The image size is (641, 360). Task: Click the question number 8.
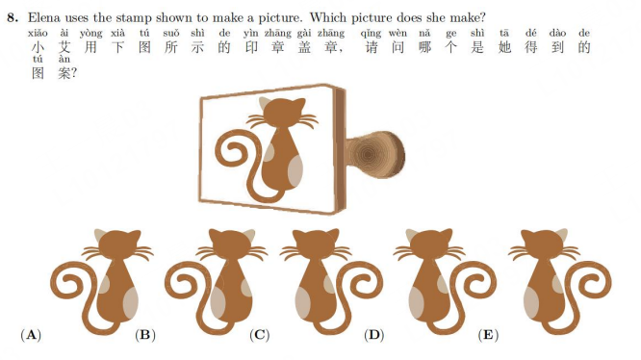(13, 17)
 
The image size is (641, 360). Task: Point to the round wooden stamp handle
(376, 154)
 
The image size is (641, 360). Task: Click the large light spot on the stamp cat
(295, 172)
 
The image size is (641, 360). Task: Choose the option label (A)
(31, 335)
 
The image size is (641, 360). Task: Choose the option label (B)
(145, 335)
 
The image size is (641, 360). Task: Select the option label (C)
(260, 335)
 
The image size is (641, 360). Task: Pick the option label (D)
(373, 335)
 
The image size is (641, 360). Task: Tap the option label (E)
(488, 335)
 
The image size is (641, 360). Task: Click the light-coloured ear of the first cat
(100, 235)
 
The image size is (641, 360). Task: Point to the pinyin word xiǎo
(38, 33)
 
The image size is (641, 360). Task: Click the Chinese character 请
(372, 47)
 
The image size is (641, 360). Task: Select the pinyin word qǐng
(371, 34)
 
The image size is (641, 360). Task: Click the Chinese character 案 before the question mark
(64, 73)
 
